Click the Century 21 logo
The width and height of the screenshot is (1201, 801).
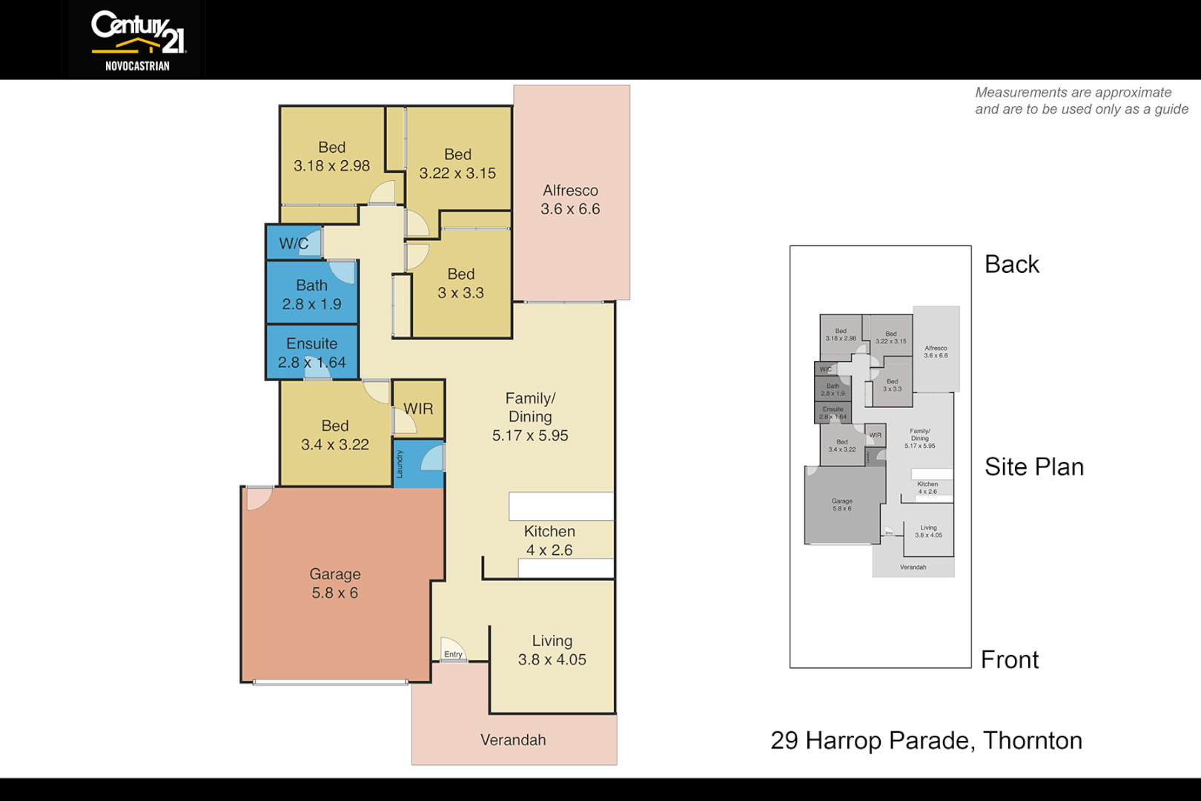[138, 40]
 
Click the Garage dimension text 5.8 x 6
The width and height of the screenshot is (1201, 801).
[334, 593]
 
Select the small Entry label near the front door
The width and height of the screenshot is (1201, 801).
[453, 654]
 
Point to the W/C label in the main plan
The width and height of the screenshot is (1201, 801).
[293, 244]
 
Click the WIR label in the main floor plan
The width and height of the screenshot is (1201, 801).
[418, 409]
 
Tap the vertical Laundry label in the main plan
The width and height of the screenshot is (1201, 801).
[399, 464]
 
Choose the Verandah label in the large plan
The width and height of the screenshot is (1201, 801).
[513, 740]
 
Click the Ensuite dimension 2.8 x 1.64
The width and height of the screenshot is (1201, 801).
[311, 363]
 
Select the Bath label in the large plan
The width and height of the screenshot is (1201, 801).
[311, 286]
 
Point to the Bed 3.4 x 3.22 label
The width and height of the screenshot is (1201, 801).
[334, 435]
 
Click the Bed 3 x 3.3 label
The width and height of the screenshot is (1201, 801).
[460, 283]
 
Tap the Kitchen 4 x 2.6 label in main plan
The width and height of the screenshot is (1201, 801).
[549, 541]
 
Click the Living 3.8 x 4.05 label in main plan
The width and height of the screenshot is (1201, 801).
[552, 650]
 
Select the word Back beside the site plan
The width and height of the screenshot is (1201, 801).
[1011, 265]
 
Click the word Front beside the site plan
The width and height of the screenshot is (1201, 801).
[1009, 660]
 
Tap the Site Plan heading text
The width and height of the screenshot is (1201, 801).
[1033, 467]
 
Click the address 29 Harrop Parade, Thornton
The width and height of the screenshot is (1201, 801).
[926, 741]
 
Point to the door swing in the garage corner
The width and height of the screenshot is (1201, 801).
[258, 497]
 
